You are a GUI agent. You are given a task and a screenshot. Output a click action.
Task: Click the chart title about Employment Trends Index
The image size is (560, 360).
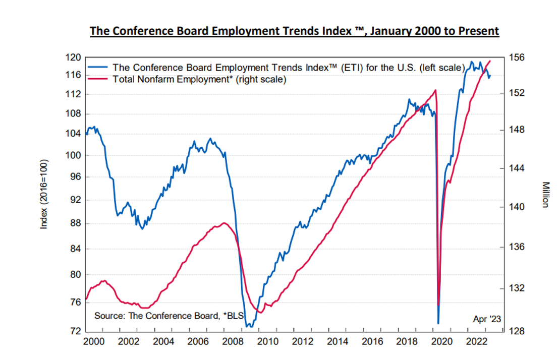[x=294, y=31]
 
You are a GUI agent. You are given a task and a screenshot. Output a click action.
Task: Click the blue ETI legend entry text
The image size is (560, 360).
[x=288, y=68]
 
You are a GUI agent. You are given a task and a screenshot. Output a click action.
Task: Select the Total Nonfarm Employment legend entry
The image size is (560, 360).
[x=199, y=79]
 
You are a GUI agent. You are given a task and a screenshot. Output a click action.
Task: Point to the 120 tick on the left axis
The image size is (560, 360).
[x=73, y=57]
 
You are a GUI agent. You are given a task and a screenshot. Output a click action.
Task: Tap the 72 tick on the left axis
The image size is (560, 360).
[x=75, y=331]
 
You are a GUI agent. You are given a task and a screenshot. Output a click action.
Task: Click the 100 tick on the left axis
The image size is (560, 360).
[x=73, y=155]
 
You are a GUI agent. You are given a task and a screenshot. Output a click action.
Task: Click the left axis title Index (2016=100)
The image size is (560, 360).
[x=44, y=194]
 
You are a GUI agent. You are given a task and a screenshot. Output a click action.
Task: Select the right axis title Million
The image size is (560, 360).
[x=545, y=194]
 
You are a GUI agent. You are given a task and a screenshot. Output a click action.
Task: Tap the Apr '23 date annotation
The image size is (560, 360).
[x=486, y=319]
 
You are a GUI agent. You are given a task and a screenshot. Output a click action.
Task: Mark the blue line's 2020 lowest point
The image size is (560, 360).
[x=438, y=323]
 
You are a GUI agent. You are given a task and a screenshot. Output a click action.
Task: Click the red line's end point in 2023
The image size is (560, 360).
[x=490, y=61]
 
